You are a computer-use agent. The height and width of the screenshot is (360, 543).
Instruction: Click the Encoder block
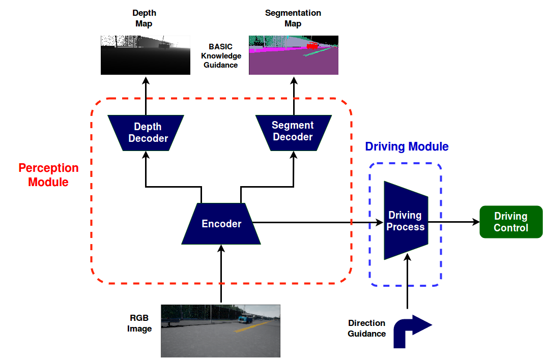tap(221, 224)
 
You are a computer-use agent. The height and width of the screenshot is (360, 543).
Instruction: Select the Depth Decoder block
tap(146, 133)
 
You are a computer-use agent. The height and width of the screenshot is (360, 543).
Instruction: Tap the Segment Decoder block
tap(294, 133)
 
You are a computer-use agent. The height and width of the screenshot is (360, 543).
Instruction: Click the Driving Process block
tap(406, 221)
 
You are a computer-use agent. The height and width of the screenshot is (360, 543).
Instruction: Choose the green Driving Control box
tap(511, 222)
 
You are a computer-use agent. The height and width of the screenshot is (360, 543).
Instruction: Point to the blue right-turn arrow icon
tap(412, 331)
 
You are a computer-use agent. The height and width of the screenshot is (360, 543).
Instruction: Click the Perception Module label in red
tap(48, 175)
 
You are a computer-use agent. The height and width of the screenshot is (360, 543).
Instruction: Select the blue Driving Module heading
tap(407, 146)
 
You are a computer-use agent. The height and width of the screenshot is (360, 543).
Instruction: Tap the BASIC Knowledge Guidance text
tap(220, 56)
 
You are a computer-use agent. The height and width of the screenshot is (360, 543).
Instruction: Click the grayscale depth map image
tap(146, 55)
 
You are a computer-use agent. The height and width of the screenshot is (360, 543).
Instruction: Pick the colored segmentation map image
tap(294, 55)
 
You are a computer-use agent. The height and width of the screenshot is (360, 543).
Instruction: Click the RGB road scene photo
tap(220, 331)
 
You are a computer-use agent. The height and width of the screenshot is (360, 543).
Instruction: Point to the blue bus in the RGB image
tap(245, 318)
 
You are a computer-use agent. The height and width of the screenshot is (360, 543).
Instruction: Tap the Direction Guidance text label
tap(367, 328)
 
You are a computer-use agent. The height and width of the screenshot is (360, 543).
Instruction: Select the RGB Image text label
tap(139, 323)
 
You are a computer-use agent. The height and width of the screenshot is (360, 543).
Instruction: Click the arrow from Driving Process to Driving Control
tap(454, 222)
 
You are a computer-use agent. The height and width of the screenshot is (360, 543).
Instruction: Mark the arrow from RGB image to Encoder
tap(221, 274)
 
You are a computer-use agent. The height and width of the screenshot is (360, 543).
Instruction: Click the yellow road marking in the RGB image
tap(252, 326)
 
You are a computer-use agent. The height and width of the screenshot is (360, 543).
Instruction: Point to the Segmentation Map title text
tap(293, 18)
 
